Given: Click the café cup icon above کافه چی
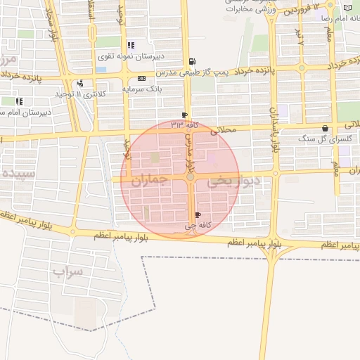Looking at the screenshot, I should pyautogui.click(x=198, y=215).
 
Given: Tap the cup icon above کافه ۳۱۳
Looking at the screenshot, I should pyautogui.click(x=184, y=115).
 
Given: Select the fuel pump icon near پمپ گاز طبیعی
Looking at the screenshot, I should pyautogui.click(x=192, y=61).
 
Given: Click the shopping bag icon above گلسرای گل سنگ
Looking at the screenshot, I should pyautogui.click(x=325, y=129).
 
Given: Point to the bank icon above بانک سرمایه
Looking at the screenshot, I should pyautogui.click(x=142, y=78).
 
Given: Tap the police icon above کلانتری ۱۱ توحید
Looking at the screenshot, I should pyautogui.click(x=80, y=83).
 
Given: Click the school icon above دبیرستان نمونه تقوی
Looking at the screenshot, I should pyautogui.click(x=131, y=45).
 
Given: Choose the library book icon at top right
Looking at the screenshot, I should pyautogui.click(x=347, y=8).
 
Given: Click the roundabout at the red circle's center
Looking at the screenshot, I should pyautogui.click(x=191, y=177).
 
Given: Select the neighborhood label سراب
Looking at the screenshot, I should pyautogui.click(x=67, y=270).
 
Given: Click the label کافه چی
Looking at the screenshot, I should pyautogui.click(x=198, y=226).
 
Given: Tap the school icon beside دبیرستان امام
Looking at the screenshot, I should pyautogui.click(x=19, y=101).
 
